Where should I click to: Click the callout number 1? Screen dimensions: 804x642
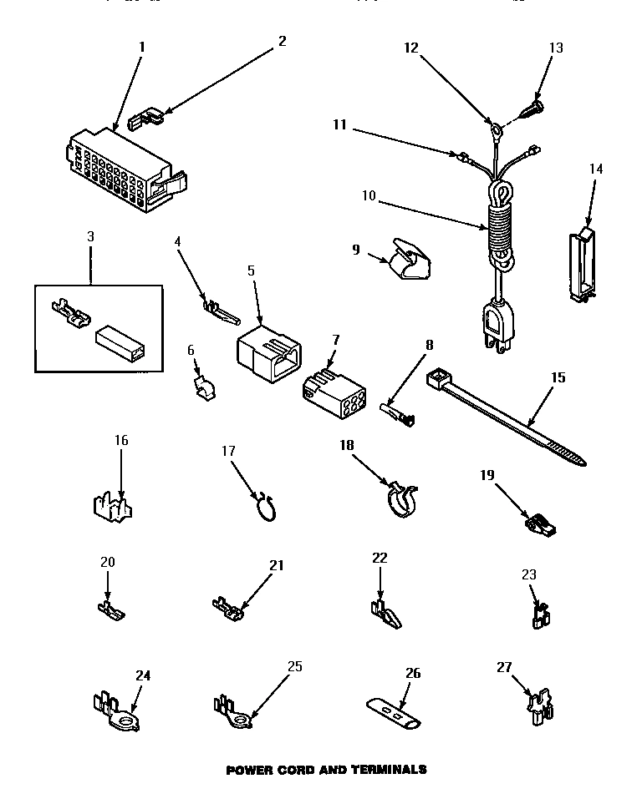(141, 47)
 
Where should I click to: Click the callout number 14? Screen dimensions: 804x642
(595, 169)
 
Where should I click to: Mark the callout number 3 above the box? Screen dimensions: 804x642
(90, 237)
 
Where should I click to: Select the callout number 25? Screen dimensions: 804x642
(293, 666)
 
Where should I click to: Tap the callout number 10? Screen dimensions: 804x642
(369, 197)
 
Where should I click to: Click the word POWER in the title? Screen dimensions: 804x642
(249, 770)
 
